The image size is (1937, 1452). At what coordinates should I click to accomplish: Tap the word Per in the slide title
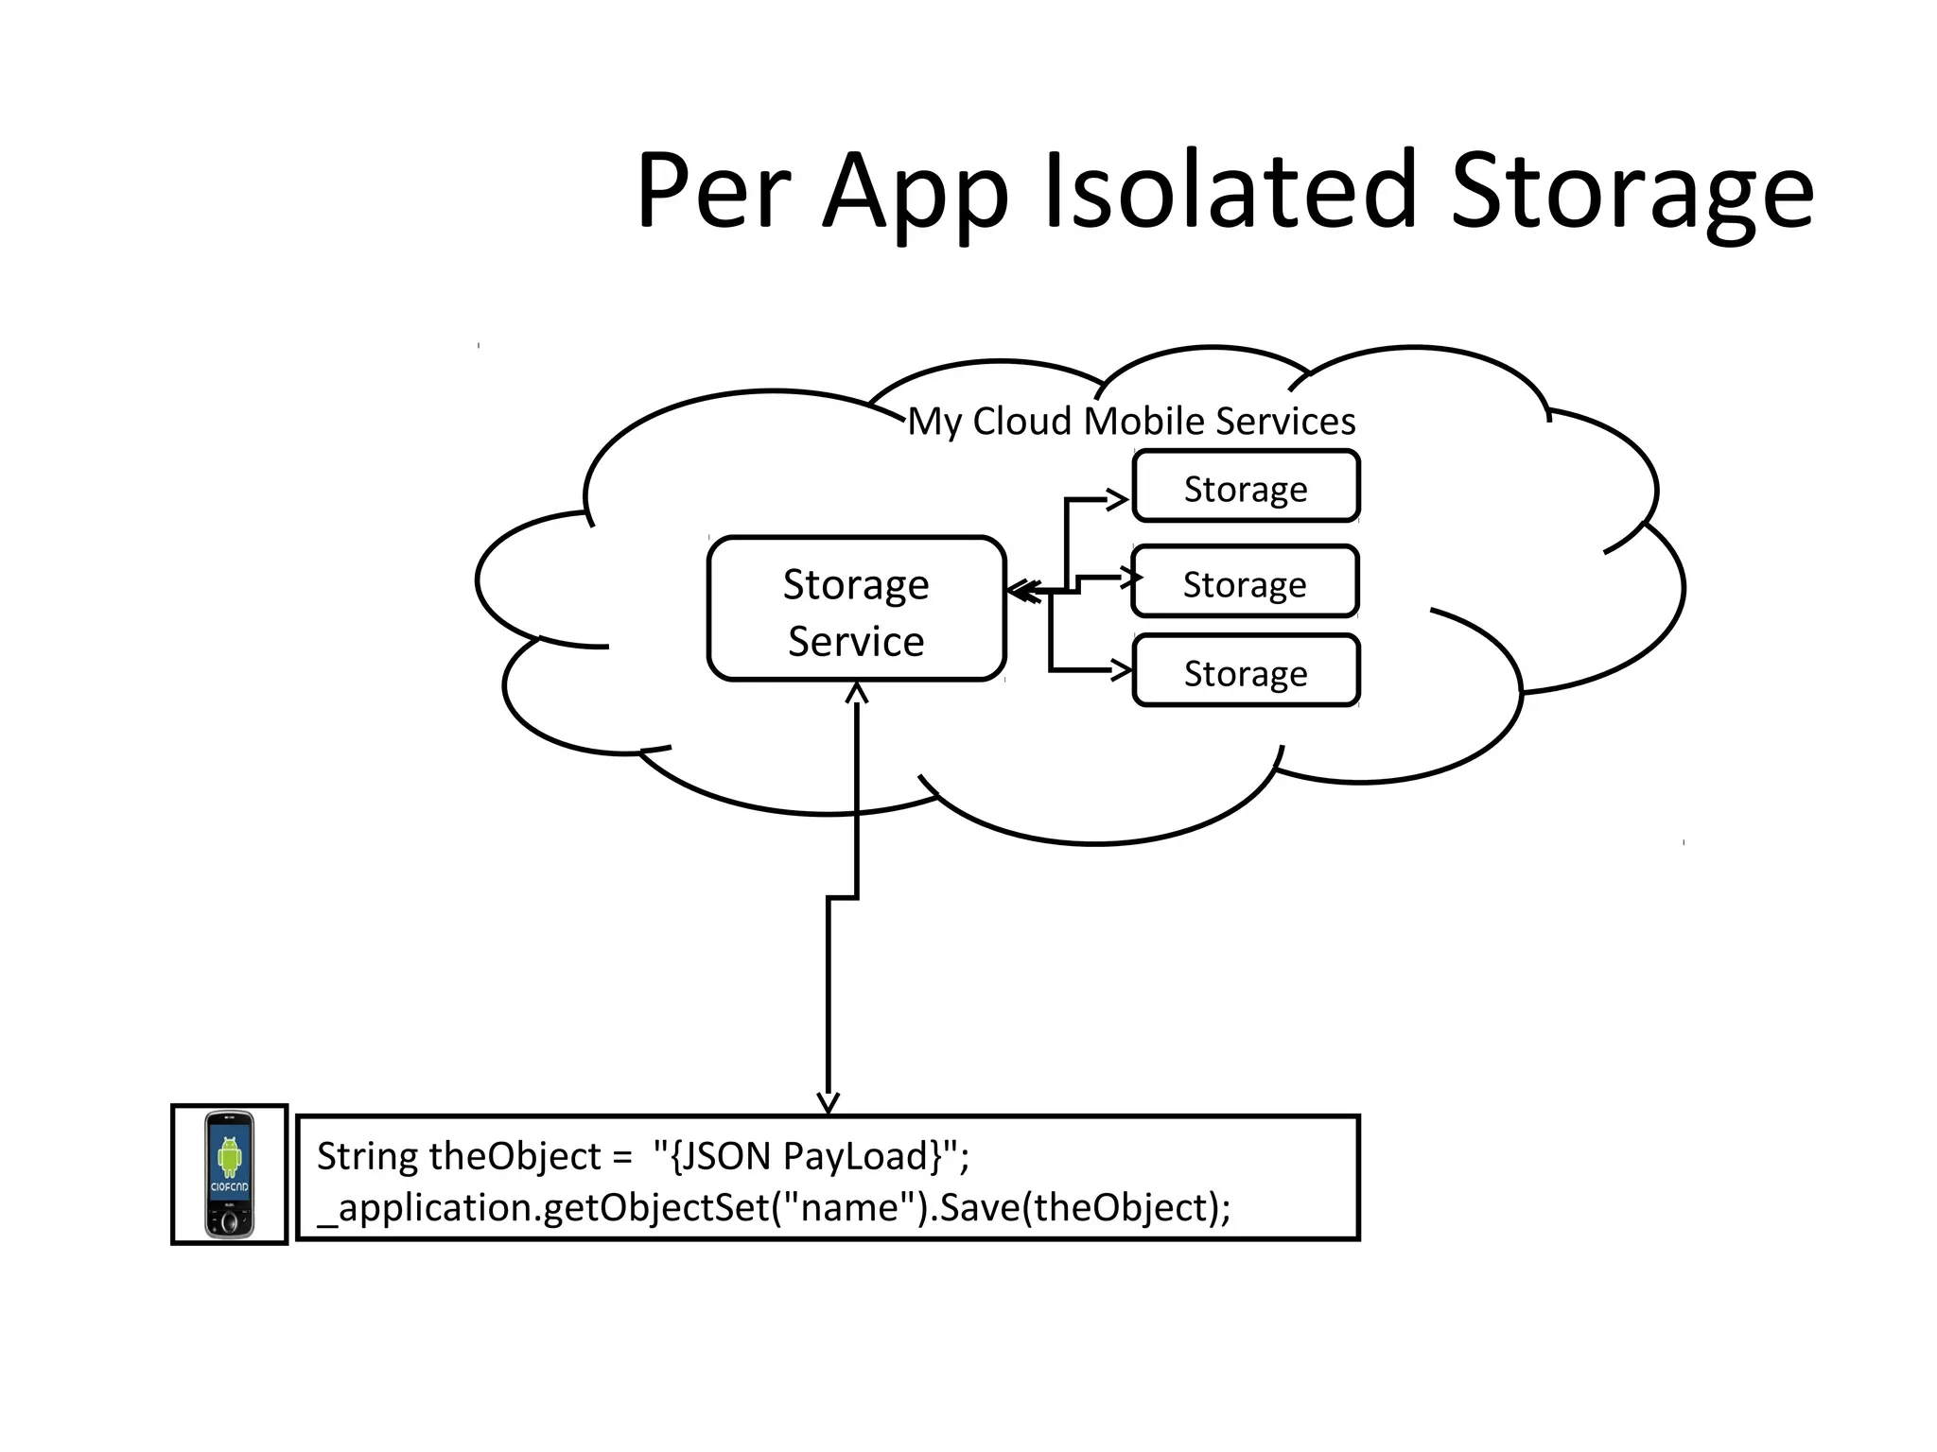tap(712, 192)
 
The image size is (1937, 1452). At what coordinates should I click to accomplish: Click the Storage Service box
tap(856, 610)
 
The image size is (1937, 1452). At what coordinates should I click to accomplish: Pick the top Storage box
tap(1246, 488)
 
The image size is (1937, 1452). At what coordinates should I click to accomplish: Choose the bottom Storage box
tap(1246, 672)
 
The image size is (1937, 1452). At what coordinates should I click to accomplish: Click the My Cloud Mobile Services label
tap(1131, 421)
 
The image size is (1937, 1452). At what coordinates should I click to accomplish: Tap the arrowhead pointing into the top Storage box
tap(1119, 498)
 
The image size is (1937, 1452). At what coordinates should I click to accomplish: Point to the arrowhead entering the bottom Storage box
tap(1122, 670)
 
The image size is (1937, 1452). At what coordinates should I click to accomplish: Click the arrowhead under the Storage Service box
tap(856, 693)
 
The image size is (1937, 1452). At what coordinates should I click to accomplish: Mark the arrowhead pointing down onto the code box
tap(828, 1103)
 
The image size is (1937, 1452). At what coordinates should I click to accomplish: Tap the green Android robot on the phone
tap(230, 1156)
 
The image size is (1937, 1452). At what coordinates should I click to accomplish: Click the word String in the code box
tap(366, 1156)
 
